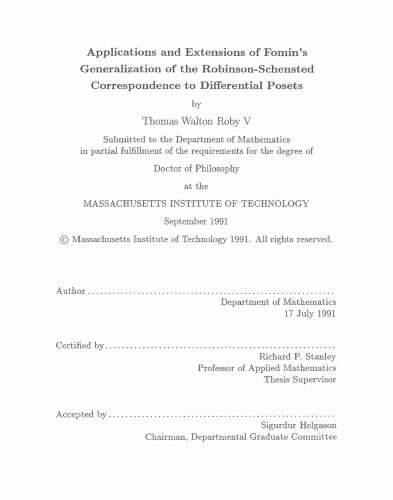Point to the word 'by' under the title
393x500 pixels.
coord(196,101)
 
